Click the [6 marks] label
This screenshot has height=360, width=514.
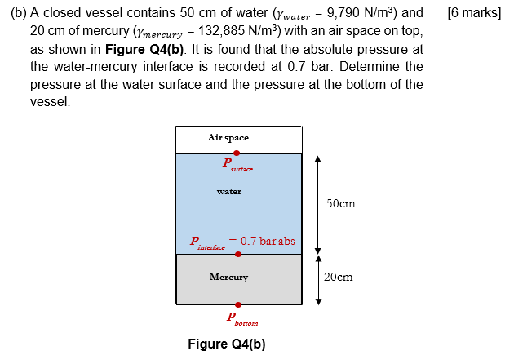475,14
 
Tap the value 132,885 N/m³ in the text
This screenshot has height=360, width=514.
236,32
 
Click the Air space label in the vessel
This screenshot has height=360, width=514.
228,137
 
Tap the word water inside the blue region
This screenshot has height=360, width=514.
229,192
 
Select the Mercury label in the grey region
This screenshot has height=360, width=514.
228,278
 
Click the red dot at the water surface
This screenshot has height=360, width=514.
237,153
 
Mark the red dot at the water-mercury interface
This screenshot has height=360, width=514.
237,254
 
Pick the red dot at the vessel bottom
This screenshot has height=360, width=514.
237,304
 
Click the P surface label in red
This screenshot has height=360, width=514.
237,164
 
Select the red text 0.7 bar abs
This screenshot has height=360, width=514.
262,241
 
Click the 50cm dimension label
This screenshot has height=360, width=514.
339,203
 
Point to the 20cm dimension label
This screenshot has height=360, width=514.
338,278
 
